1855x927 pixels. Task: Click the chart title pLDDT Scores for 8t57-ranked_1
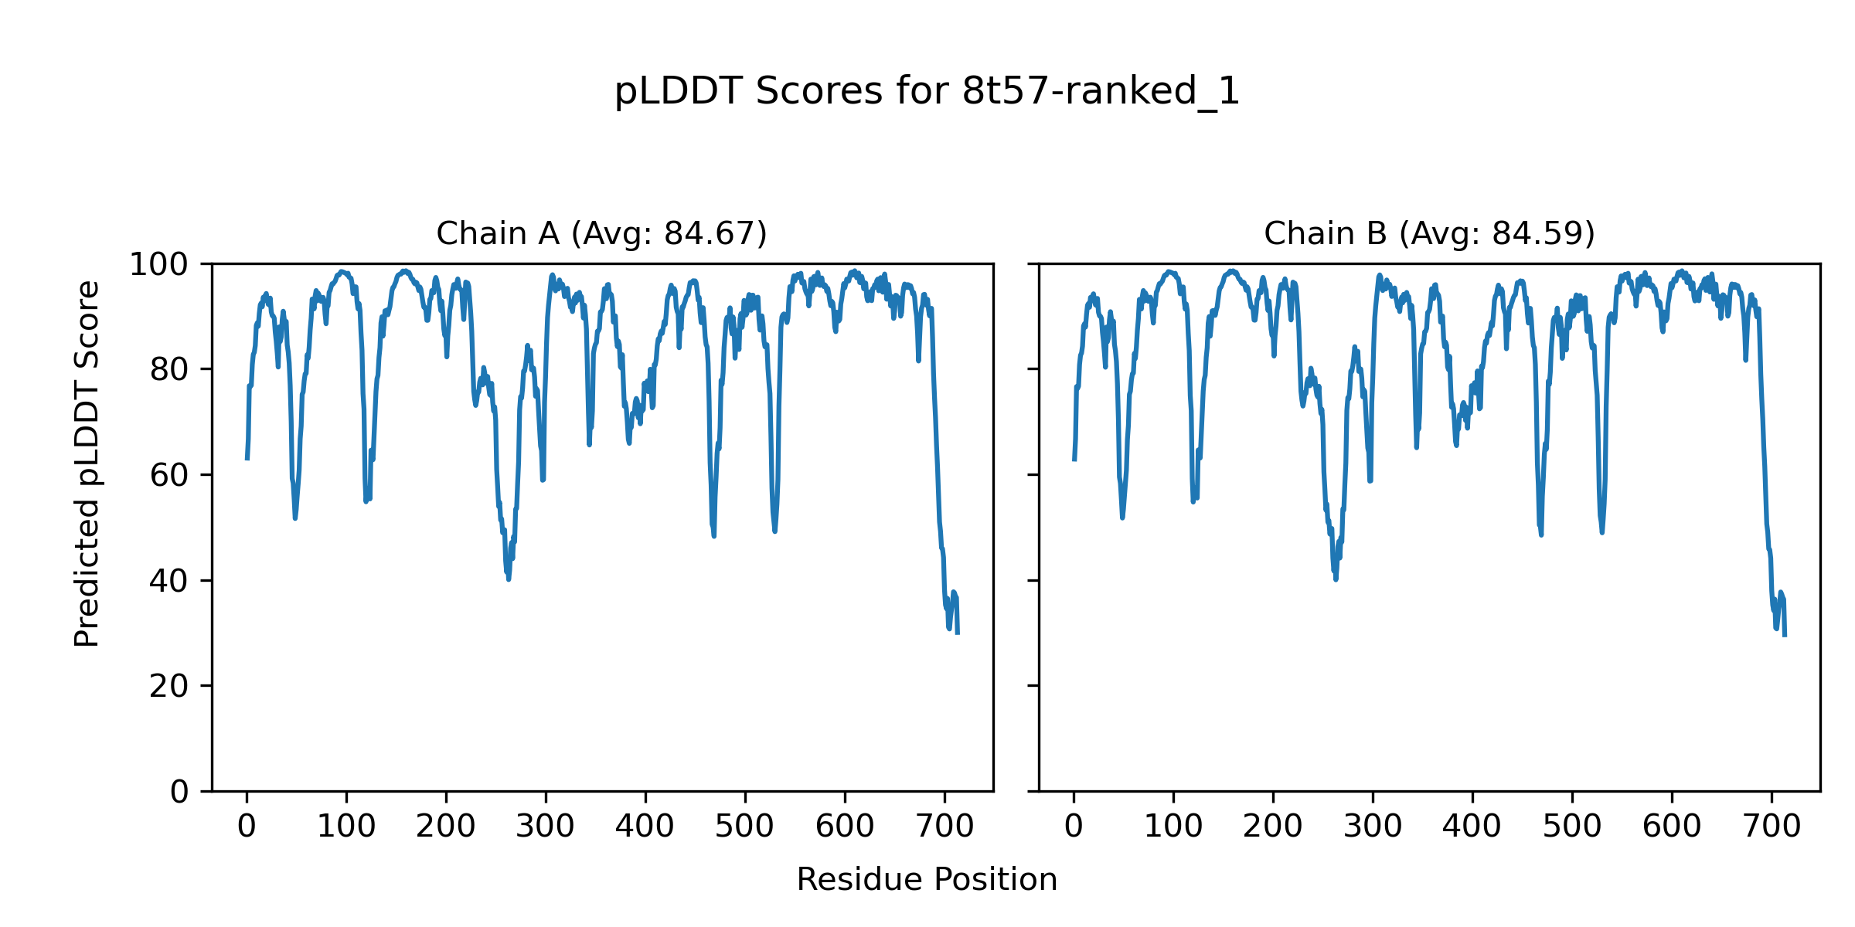tap(927, 92)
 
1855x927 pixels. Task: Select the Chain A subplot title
tap(601, 233)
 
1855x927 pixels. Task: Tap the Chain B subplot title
tap(1429, 233)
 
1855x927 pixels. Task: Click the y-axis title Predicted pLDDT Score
tap(87, 463)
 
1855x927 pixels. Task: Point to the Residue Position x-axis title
tap(927, 880)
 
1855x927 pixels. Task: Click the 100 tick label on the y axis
tap(158, 265)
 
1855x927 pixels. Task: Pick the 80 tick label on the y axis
tap(169, 370)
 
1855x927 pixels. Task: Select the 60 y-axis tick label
tap(169, 475)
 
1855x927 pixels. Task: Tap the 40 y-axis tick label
tap(169, 581)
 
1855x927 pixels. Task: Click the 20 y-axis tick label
tap(169, 686)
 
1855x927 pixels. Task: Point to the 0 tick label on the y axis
tap(179, 792)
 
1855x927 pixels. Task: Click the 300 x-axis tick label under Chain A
tap(546, 827)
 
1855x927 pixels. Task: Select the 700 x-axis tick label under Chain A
tap(945, 827)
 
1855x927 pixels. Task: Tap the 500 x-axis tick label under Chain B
tap(1572, 827)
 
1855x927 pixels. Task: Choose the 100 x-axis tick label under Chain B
tap(1173, 827)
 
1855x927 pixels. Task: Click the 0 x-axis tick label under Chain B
tap(1074, 827)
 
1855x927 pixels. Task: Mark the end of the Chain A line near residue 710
tap(958, 633)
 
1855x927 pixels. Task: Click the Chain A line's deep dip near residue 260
tap(508, 579)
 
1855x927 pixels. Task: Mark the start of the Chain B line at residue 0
tap(1074, 459)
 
